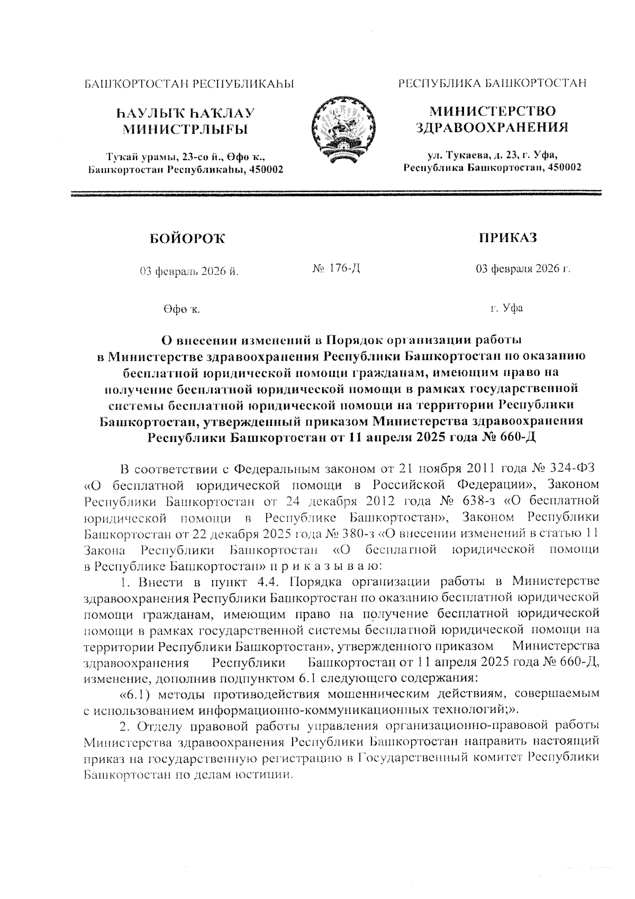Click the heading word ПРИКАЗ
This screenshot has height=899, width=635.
(507, 238)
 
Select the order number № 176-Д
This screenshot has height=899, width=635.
(337, 269)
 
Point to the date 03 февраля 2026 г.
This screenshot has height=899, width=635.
(523, 269)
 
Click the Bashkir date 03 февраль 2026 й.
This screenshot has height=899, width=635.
(189, 272)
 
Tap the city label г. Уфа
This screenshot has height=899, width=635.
(506, 308)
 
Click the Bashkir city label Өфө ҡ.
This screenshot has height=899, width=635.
(182, 309)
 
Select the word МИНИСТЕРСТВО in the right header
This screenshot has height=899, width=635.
(492, 111)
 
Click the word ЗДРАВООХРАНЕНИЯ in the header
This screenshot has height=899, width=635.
(492, 128)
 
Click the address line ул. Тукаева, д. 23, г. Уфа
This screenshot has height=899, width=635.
(492, 155)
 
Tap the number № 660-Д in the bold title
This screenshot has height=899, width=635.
(511, 438)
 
